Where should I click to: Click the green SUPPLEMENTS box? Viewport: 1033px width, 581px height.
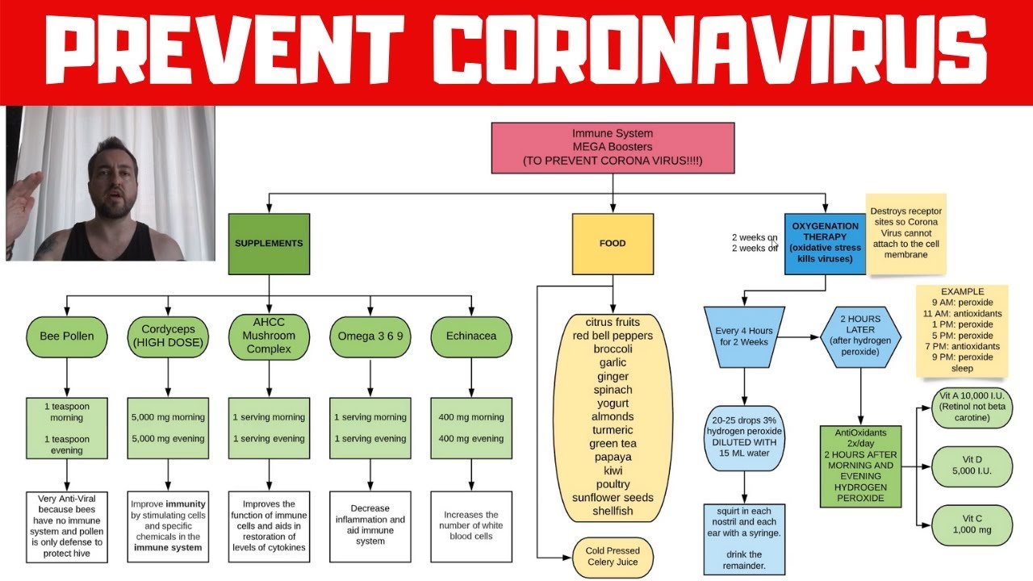pyautogui.click(x=269, y=243)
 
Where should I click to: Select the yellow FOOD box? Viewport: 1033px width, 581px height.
pyautogui.click(x=613, y=243)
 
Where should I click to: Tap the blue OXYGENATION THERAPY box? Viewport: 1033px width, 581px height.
pyautogui.click(x=825, y=243)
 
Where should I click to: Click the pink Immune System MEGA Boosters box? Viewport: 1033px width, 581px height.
pyautogui.click(x=613, y=148)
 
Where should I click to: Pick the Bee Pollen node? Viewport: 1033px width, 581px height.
pyautogui.click(x=67, y=336)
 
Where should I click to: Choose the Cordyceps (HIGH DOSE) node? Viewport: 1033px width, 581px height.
pyautogui.click(x=168, y=336)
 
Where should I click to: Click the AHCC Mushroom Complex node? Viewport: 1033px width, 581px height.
pyautogui.click(x=269, y=336)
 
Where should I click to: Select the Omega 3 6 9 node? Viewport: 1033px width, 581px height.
pyautogui.click(x=370, y=336)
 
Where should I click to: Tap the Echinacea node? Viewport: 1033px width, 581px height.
pyautogui.click(x=471, y=336)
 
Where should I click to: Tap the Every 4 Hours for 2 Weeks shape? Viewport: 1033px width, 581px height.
pyautogui.click(x=744, y=336)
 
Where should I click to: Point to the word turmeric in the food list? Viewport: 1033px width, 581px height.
pyautogui.click(x=613, y=430)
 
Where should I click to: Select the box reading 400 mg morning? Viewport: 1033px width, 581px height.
pyautogui.click(x=471, y=428)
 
